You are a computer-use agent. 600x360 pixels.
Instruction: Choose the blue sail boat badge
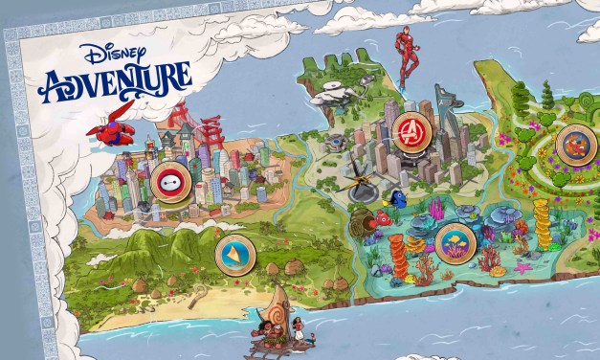click(233, 253)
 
